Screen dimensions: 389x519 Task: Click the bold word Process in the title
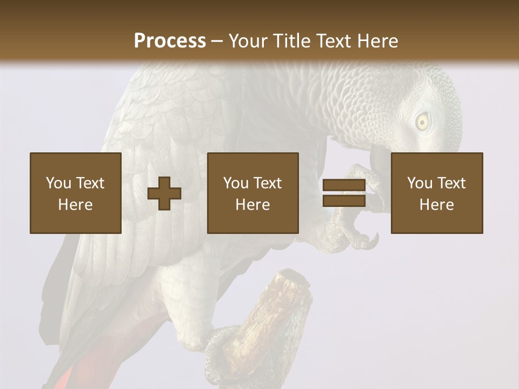pos(170,41)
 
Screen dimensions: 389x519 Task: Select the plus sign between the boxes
pos(164,193)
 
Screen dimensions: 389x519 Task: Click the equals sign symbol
pos(344,193)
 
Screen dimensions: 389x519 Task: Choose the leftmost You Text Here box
pos(76,193)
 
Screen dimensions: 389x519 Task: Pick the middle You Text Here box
pos(253,193)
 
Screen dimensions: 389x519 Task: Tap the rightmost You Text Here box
pos(437,193)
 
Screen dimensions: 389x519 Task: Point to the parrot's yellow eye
pos(422,122)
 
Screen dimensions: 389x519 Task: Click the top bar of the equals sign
pos(344,185)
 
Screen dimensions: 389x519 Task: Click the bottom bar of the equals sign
pos(344,201)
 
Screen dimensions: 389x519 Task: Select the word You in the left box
pos(58,183)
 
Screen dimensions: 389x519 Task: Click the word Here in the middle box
pos(253,205)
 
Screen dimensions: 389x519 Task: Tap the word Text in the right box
pos(451,183)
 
